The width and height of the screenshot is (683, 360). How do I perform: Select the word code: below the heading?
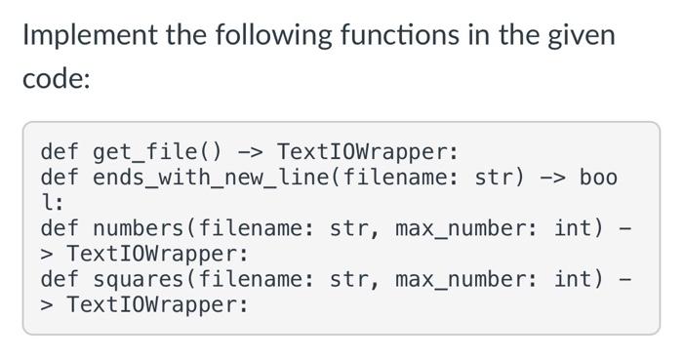[x=56, y=80]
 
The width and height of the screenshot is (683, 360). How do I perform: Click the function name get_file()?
[x=158, y=152]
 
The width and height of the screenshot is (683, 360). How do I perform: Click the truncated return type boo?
[x=598, y=178]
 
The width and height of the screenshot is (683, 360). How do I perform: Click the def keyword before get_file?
[x=60, y=152]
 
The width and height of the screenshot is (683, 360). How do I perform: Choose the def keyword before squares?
[x=60, y=279]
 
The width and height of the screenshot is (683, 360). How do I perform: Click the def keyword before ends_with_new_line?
[x=60, y=178]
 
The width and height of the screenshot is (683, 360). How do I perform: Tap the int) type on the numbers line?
[x=579, y=228]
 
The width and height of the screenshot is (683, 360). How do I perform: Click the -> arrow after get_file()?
[x=250, y=152]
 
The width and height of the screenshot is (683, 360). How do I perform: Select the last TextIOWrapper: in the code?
[x=157, y=304]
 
